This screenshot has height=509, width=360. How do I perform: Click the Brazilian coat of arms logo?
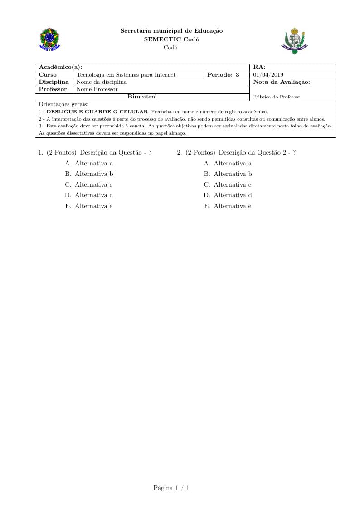point(50,39)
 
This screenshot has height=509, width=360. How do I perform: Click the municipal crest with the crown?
point(295,41)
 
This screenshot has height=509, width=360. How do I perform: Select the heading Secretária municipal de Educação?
point(171,31)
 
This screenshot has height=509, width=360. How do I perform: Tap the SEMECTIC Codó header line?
point(171,39)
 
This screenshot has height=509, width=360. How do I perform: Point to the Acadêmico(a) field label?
point(60,68)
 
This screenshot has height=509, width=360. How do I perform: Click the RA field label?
point(259,68)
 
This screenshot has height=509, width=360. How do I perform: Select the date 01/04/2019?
point(268,75)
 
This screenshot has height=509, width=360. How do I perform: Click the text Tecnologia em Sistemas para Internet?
point(126,75)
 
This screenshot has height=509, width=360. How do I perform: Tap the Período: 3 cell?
point(223,75)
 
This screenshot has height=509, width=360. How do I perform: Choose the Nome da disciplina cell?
point(102,82)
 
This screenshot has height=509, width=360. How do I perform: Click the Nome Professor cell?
point(97,89)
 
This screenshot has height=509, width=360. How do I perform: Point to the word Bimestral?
point(142,97)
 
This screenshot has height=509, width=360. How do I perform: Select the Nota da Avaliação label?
point(282,82)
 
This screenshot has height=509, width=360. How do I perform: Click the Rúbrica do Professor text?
point(277,97)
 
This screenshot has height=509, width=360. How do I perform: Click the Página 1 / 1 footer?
point(171,488)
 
